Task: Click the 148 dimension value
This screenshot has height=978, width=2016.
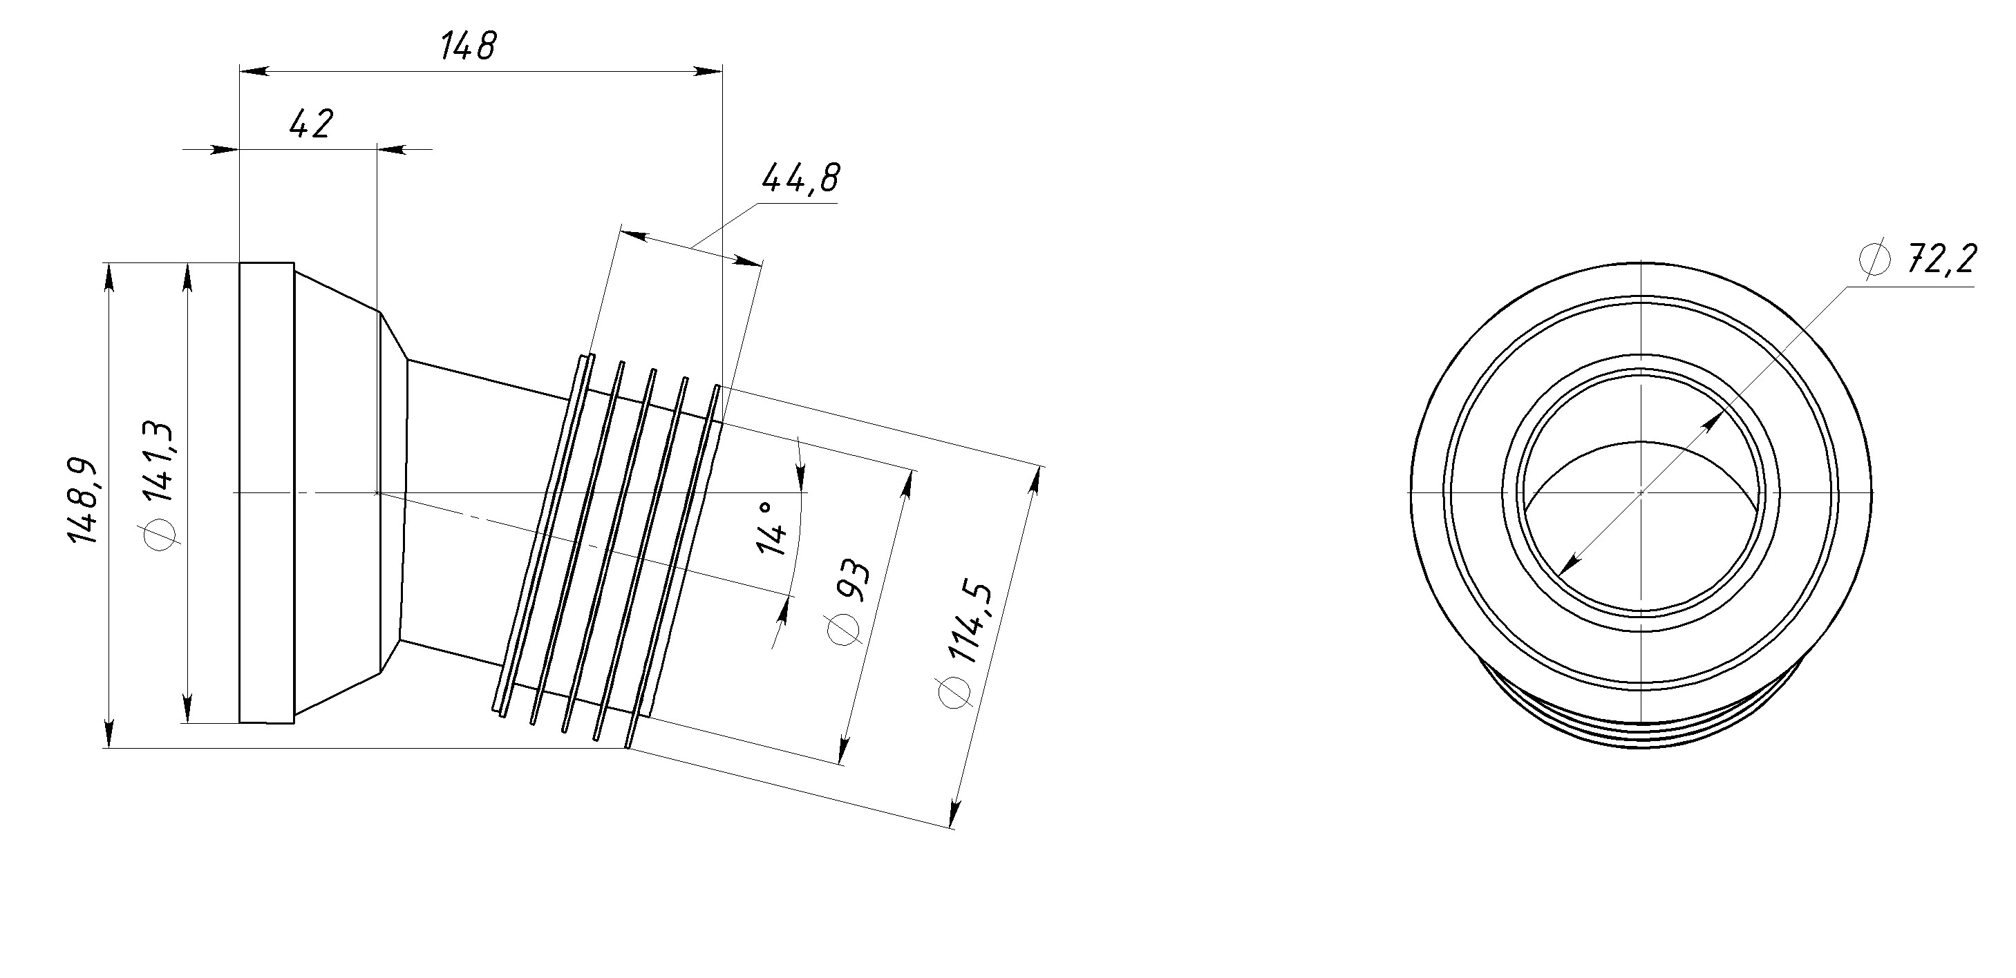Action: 468,46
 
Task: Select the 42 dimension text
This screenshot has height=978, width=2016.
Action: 311,124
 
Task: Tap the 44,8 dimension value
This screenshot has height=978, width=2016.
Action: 800,178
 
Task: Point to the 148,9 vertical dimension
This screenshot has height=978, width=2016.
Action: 82,501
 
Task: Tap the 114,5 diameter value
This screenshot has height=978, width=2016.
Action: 977,623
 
